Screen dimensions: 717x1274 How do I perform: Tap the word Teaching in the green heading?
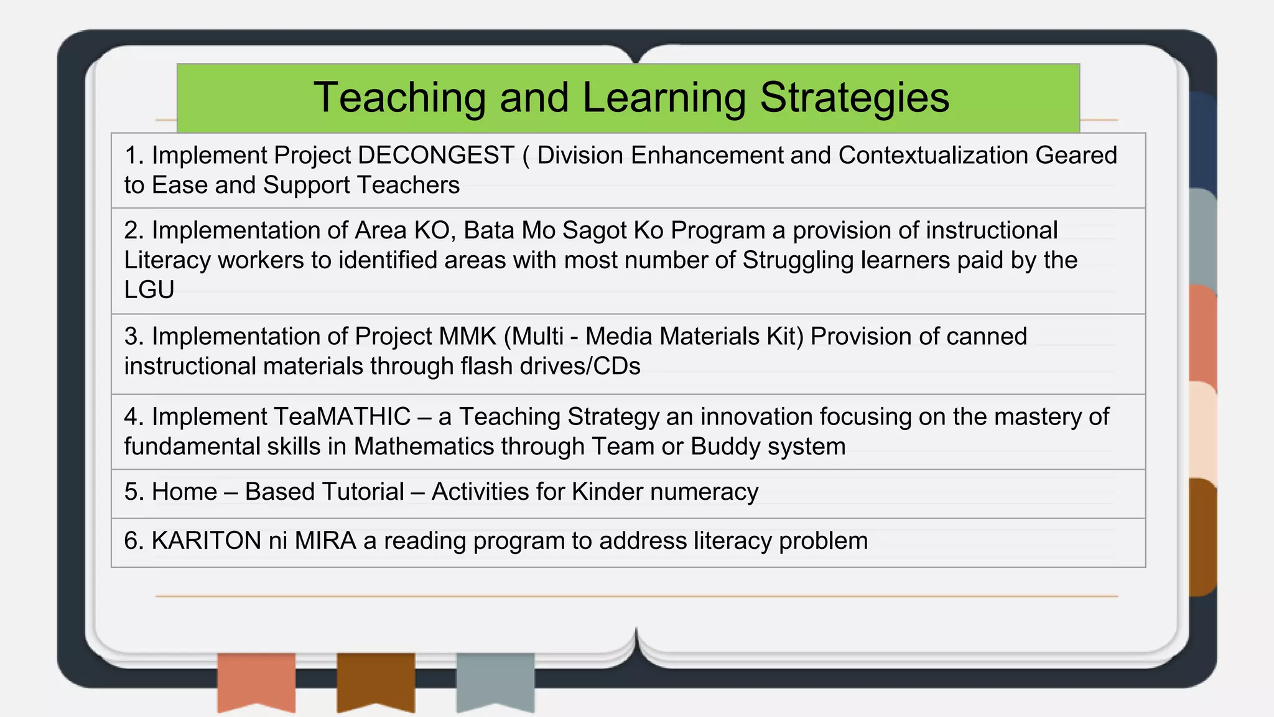click(x=399, y=98)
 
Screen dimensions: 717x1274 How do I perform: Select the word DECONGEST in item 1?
click(x=436, y=156)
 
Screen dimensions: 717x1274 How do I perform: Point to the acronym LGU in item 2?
click(x=149, y=290)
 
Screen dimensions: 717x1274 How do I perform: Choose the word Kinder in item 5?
click(x=607, y=492)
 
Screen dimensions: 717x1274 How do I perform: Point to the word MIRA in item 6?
click(x=325, y=541)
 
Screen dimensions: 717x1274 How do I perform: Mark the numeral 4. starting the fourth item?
click(x=133, y=417)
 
